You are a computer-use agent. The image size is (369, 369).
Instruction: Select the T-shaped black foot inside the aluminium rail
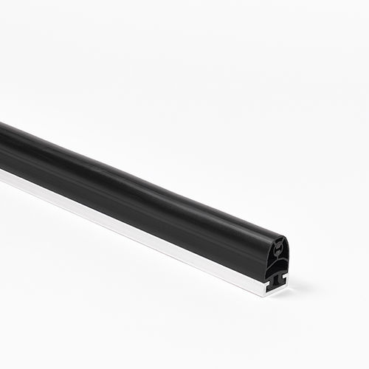click(277, 277)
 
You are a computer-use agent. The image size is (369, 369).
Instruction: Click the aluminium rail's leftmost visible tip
click(1, 175)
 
